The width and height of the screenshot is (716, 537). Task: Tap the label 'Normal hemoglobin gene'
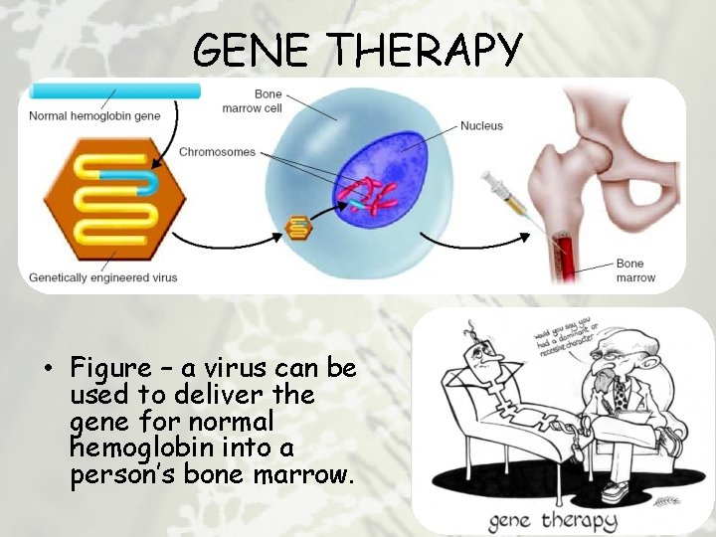click(x=93, y=115)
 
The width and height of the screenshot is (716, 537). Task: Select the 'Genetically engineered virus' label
click(x=103, y=276)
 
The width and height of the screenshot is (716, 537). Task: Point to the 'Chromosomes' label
click(x=217, y=152)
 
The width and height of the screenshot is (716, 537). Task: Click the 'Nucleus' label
click(x=481, y=126)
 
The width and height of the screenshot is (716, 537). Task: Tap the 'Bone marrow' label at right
click(x=635, y=270)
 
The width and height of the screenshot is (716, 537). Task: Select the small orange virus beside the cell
click(x=297, y=228)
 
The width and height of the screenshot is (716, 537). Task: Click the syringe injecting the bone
click(x=507, y=198)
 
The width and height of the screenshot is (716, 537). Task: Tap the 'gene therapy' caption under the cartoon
click(x=552, y=518)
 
